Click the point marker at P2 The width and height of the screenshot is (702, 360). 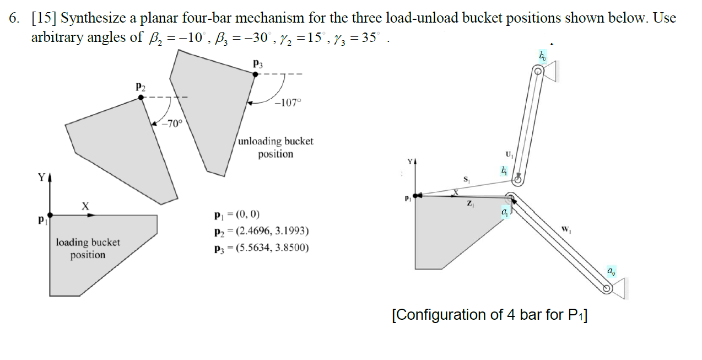pos(142,97)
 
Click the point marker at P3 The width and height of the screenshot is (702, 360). pos(255,74)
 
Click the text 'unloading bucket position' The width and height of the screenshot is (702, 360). pos(276,147)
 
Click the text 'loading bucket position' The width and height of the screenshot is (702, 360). pos(88,248)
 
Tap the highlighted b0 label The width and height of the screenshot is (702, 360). pos(543,56)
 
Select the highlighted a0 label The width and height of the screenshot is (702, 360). pos(611,271)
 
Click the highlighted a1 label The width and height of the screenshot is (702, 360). pos(505,211)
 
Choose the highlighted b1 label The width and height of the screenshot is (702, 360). pos(503,171)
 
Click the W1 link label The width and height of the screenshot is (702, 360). pos(565,229)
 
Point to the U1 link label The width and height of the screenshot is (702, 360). pos(507,154)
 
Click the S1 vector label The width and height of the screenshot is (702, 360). pos(466,179)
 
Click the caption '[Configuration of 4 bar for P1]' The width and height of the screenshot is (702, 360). pos(489,315)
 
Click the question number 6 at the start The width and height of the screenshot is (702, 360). pos(14,18)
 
